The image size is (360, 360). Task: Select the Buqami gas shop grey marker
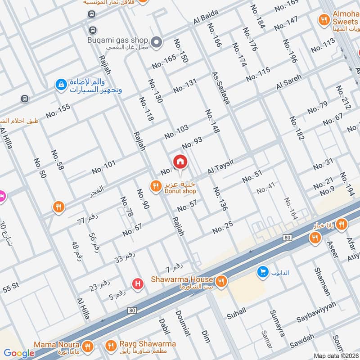156,42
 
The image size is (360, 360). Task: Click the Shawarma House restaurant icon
220,282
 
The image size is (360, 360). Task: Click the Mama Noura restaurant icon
87,346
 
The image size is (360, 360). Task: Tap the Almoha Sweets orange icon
323,19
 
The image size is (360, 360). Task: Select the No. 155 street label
58,111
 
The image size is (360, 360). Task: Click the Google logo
19,353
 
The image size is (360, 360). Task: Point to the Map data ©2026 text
335,355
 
